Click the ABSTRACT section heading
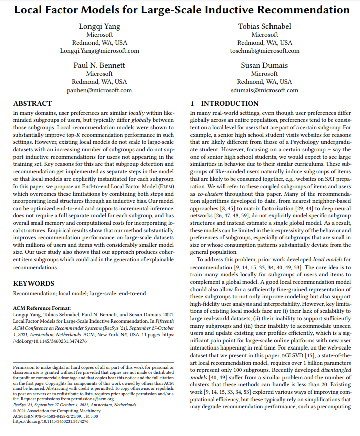tap(32, 103)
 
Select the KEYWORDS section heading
tap(33, 283)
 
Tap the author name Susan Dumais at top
tap(264, 65)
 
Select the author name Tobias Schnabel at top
tap(264, 27)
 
